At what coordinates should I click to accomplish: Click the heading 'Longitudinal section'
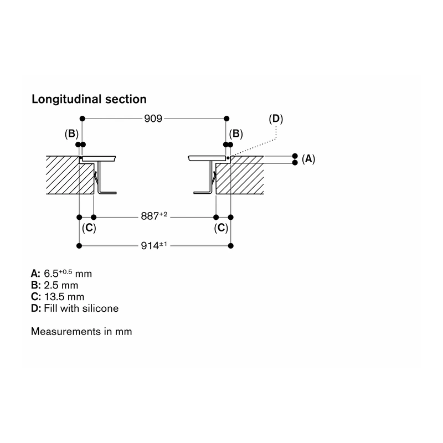[89, 100]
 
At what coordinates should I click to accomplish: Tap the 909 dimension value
[153, 119]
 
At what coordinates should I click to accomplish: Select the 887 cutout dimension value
[154, 216]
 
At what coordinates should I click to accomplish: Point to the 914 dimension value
[154, 245]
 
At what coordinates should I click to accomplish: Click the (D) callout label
[276, 119]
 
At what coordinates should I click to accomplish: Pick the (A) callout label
[308, 159]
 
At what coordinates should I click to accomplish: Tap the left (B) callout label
[71, 133]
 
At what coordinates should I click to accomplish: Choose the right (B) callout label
[236, 133]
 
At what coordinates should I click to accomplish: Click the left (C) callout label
[89, 228]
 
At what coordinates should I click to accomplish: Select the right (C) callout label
[221, 228]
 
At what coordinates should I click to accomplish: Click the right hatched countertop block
[240, 175]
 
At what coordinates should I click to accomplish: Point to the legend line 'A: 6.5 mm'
[61, 274]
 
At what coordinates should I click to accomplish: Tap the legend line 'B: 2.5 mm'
[54, 285]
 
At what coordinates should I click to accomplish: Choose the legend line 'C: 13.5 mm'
[58, 297]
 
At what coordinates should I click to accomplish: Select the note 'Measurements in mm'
[81, 331]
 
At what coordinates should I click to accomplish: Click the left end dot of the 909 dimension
[82, 119]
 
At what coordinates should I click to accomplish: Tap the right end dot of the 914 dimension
[230, 246]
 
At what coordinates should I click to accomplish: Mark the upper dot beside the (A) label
[295, 156]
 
